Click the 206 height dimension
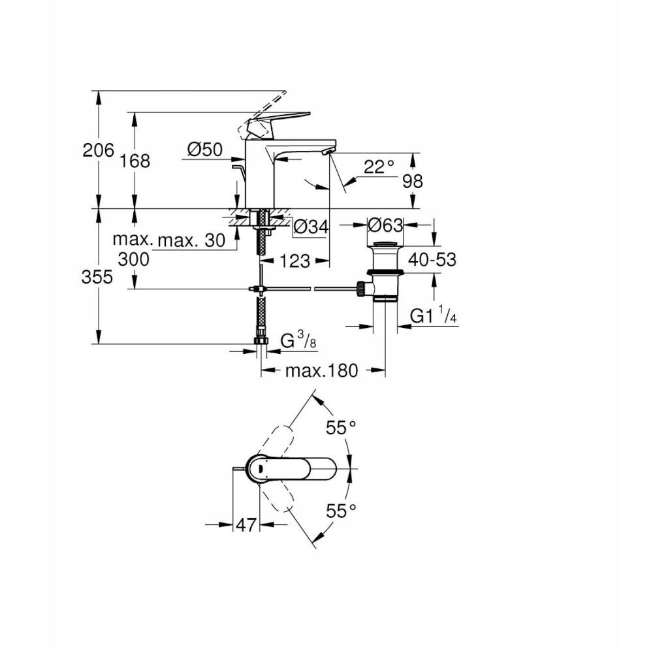point(98,150)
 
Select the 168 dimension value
point(135,161)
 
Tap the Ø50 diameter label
point(204,150)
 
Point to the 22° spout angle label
point(379,167)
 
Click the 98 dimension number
point(413,181)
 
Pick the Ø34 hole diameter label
point(310,227)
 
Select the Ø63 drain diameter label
point(384,225)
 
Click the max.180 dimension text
point(322,371)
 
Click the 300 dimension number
point(134,259)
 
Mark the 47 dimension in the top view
point(246,524)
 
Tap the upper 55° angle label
point(342,428)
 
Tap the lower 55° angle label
point(342,511)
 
